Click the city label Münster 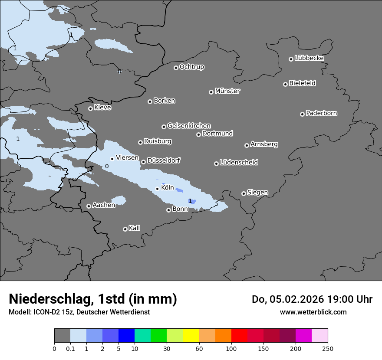tap(227, 91)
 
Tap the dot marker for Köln tap(157, 189)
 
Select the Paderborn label tap(322, 113)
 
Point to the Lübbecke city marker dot tap(291, 59)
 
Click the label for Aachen tap(104, 205)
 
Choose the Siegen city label tap(257, 193)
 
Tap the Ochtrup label tap(192, 67)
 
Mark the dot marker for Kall tap(125, 229)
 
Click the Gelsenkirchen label tap(189, 126)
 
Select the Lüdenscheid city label tap(239, 163)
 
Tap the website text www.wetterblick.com tap(313, 312)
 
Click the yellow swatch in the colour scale tap(191, 336)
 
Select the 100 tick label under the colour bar tap(231, 348)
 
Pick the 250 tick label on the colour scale tap(328, 348)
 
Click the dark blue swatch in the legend tap(126, 336)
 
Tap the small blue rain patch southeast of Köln tap(193, 201)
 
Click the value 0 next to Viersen tap(107, 166)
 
